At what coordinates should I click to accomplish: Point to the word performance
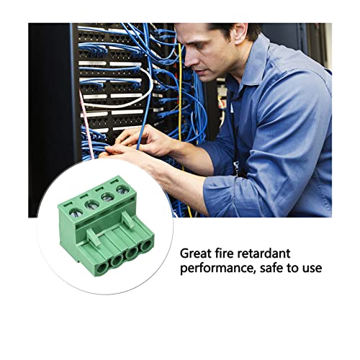217,269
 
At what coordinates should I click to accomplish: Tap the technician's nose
189,60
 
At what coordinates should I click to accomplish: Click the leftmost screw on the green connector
76,213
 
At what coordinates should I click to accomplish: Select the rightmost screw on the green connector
123,190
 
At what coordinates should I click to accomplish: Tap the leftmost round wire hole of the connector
102,267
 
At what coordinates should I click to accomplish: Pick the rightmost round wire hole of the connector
146,245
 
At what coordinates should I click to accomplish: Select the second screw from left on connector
92,205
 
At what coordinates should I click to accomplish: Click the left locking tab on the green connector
94,237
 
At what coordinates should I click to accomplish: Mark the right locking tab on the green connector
128,220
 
